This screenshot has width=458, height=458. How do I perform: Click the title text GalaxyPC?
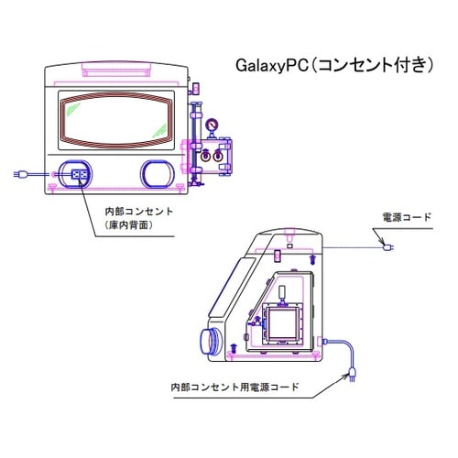point(272,66)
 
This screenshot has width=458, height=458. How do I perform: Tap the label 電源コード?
point(407,217)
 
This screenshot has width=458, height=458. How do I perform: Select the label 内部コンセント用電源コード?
point(234,387)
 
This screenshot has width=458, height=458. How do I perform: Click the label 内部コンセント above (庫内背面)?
point(139,212)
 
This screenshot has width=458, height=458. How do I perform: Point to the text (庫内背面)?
point(128,225)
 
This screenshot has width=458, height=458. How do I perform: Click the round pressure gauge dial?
point(211,125)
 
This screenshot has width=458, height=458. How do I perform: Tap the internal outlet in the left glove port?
point(79,174)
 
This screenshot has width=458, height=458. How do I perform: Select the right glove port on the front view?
point(157,174)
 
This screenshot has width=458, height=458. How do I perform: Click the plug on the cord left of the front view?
point(20,174)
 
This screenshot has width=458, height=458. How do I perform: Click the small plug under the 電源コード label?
point(387,247)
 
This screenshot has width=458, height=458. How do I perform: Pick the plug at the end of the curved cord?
point(352,375)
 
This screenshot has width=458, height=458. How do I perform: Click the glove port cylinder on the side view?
point(210,341)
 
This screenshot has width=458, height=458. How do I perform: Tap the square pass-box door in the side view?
point(282,323)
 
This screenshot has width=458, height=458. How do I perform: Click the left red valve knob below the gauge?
point(206,157)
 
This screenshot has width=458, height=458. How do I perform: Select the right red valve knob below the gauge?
point(217,157)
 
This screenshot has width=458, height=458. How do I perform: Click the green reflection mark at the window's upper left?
point(73,109)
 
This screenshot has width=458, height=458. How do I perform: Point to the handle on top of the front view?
point(116,69)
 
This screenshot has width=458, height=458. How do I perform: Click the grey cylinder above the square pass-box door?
point(283,292)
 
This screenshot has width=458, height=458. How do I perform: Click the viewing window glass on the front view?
point(116,120)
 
